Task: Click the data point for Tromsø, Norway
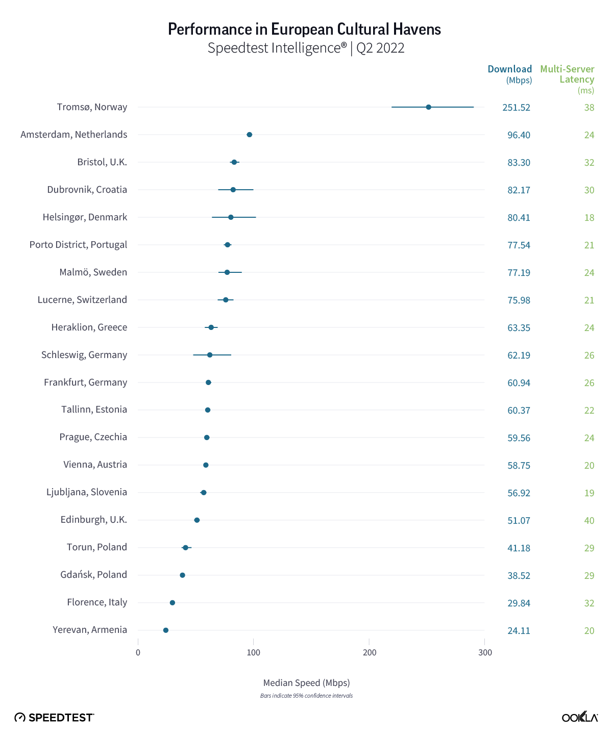coord(428,107)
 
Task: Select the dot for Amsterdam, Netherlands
coord(249,135)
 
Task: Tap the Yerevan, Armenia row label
coord(90,630)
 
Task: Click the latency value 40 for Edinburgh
coord(589,521)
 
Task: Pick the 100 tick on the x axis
coord(253,653)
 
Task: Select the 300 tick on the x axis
coord(485,653)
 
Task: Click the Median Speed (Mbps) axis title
coord(306,683)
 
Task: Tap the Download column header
coord(509,69)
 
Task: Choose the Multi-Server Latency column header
coord(567,74)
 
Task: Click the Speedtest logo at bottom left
coord(54,718)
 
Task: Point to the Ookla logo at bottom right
coord(580,717)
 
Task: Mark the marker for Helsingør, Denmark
coord(231,217)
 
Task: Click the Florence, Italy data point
coord(172,603)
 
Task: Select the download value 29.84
coord(519,603)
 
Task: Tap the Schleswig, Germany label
coord(84,355)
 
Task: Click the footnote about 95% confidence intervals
coord(306,696)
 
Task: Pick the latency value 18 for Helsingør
coord(589,218)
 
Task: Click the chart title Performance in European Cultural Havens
coord(304,29)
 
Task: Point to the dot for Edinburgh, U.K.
coord(197,520)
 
